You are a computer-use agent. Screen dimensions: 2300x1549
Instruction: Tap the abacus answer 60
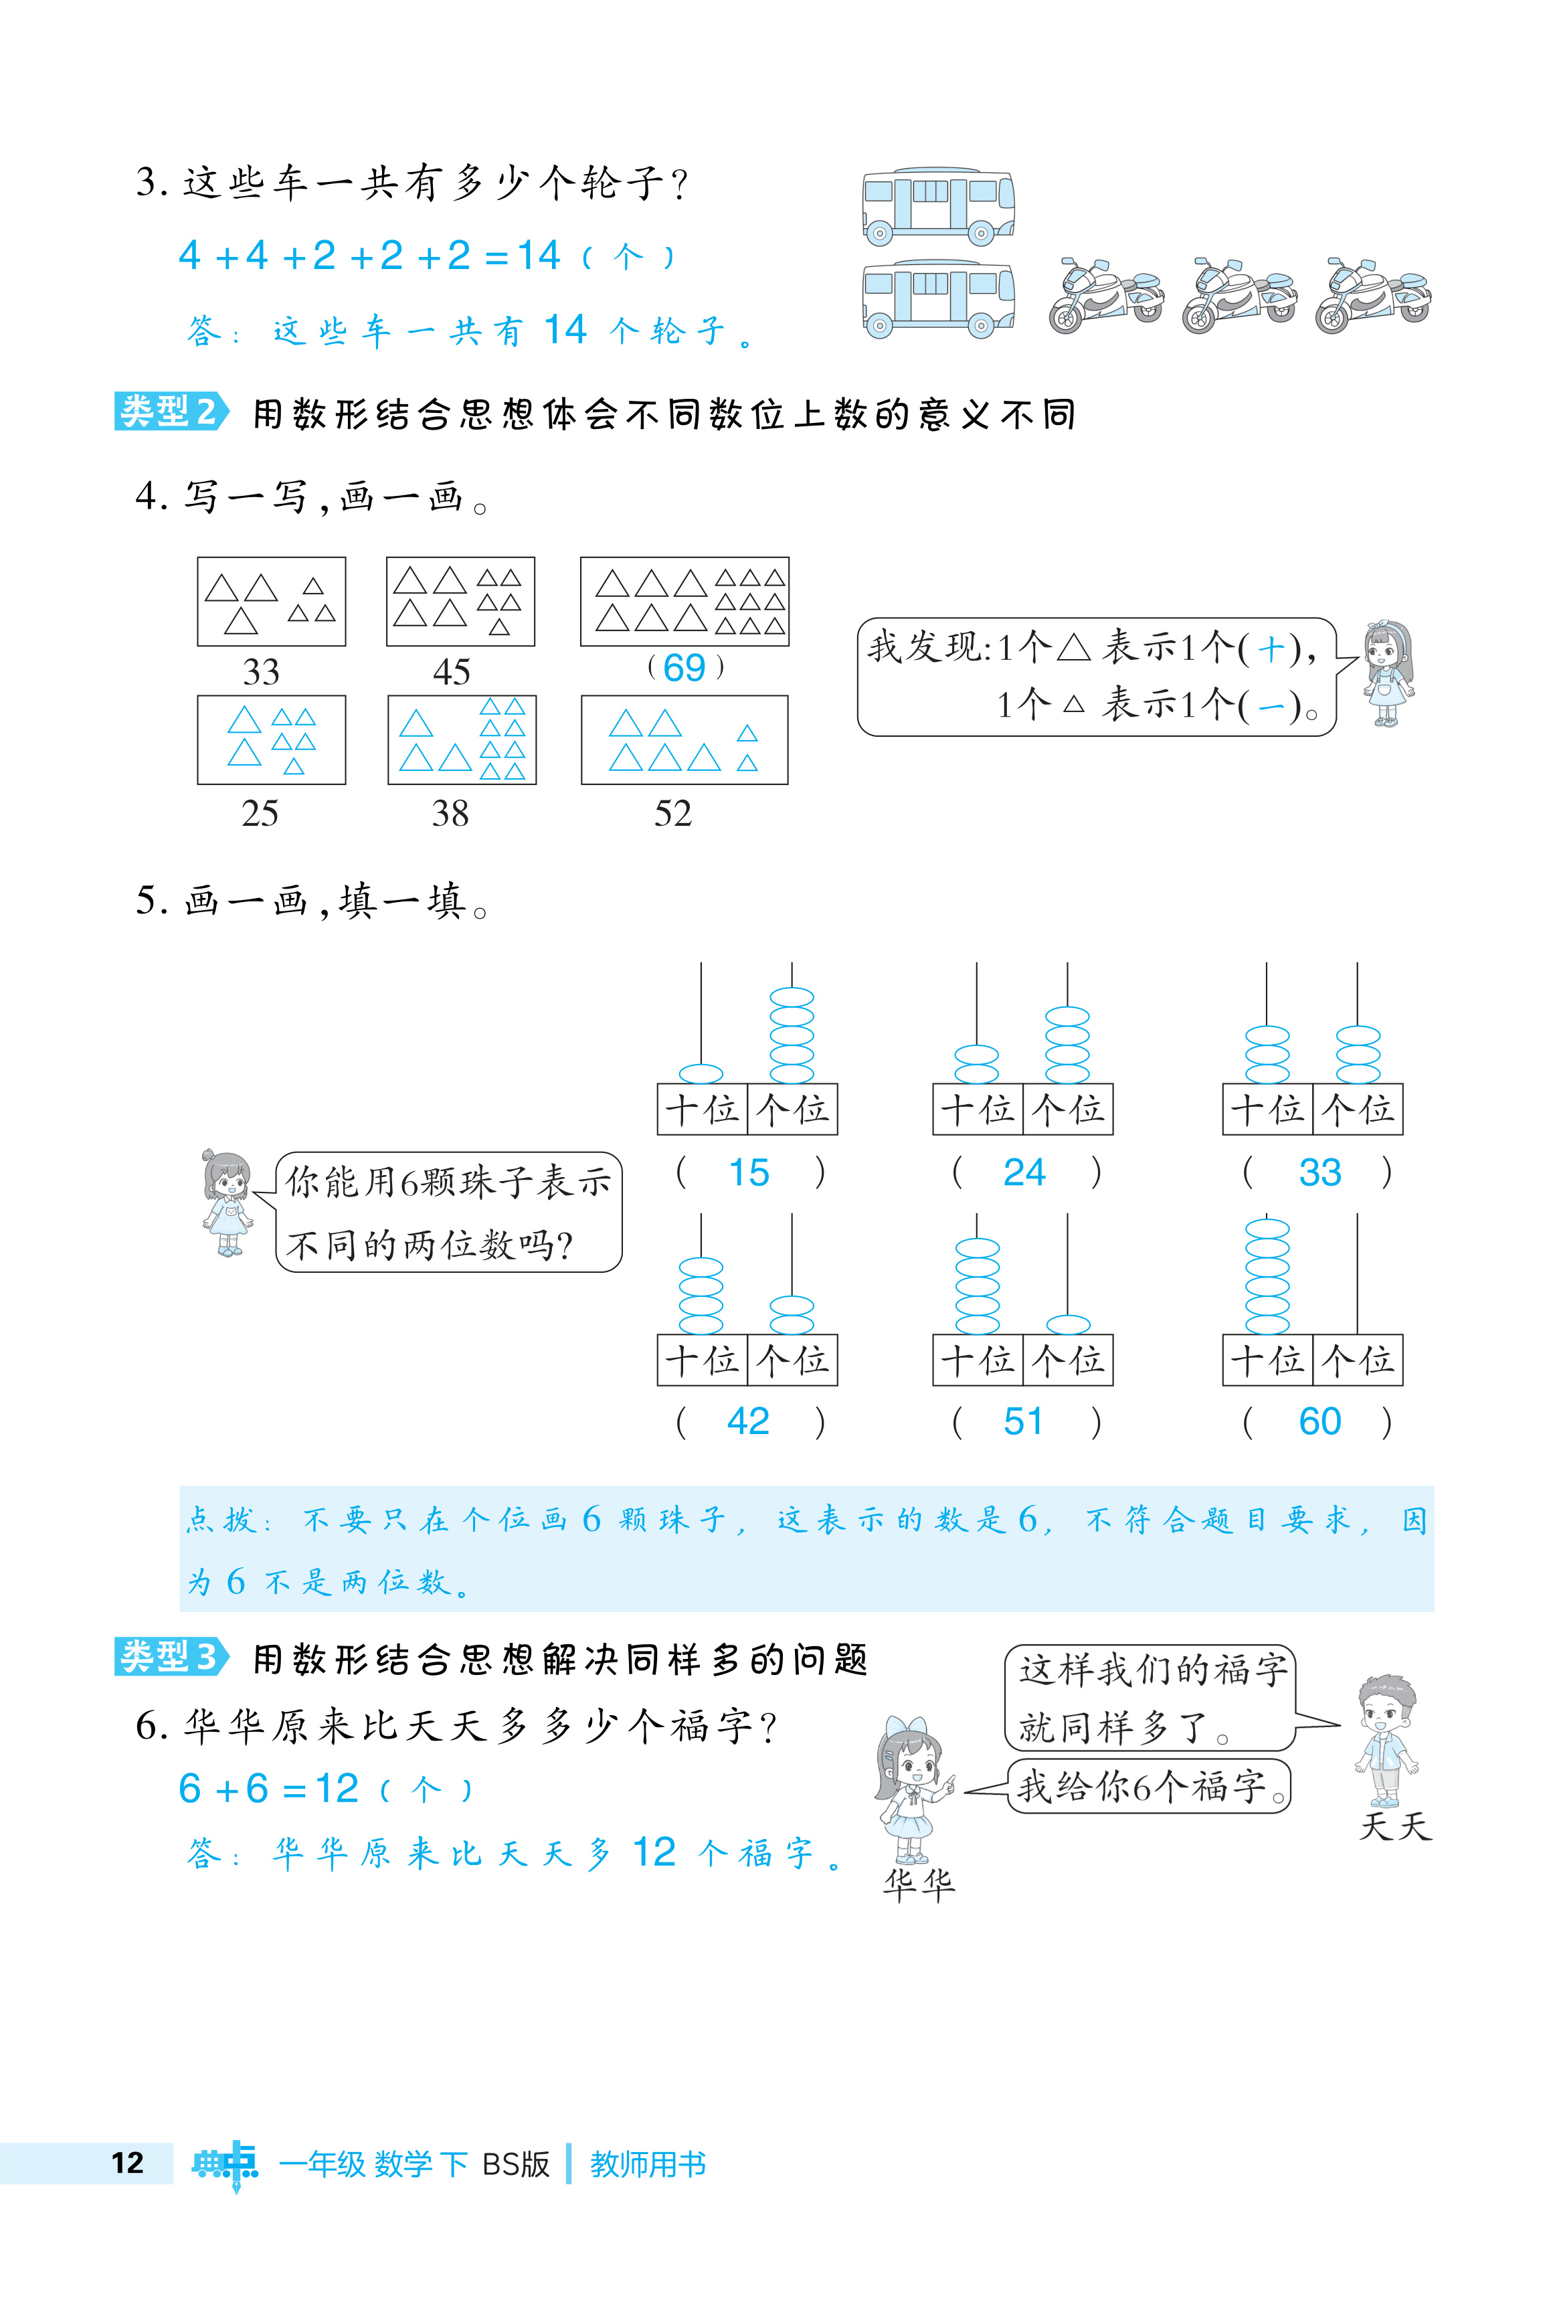pos(1319,1422)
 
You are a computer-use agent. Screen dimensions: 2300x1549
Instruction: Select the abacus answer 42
pos(748,1422)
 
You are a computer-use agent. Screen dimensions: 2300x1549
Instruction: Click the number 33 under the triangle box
pos(261,672)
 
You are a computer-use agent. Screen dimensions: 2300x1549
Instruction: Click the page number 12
pos(127,2163)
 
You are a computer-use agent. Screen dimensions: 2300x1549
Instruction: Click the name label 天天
pos(1395,1826)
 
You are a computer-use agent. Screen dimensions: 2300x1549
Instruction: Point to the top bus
pos(937,205)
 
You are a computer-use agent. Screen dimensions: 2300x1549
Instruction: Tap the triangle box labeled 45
pos(460,602)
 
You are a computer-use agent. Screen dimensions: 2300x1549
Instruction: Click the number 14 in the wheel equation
pos(539,256)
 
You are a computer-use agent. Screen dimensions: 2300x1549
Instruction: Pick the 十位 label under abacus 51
pos(977,1360)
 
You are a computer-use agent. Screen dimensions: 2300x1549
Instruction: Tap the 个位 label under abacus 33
pos(1358,1110)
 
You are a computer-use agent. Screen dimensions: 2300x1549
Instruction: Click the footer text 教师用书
pos(648,2163)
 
